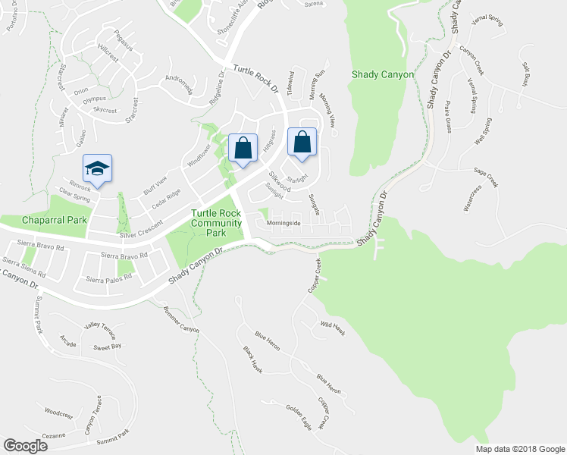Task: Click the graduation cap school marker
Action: click(x=97, y=168)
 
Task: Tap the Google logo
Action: click(x=26, y=446)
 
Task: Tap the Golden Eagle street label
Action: click(x=299, y=417)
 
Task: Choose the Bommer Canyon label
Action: click(x=181, y=318)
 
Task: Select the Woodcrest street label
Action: click(x=58, y=415)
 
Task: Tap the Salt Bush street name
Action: click(x=525, y=74)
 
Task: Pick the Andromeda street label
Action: click(x=179, y=86)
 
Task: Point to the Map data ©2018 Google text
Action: click(x=519, y=449)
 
